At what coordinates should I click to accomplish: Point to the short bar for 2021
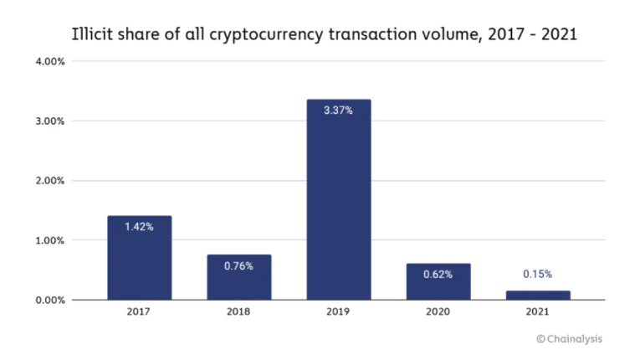click(x=537, y=295)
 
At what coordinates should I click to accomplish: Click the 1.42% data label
click(x=139, y=226)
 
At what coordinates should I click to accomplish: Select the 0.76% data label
click(x=238, y=265)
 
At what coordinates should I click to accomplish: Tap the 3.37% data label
click(x=338, y=110)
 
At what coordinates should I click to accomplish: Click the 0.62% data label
click(x=438, y=274)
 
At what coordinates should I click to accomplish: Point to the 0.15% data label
click(x=537, y=274)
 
